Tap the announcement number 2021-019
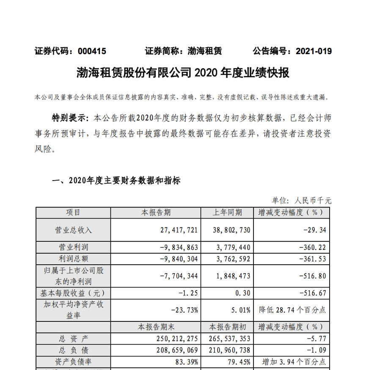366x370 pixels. click(x=313, y=52)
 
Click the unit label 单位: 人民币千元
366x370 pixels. click(x=302, y=200)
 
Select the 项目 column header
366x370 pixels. click(x=73, y=212)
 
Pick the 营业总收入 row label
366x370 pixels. click(x=73, y=230)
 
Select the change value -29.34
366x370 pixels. click(x=314, y=230)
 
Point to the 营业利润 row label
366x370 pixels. click(x=73, y=247)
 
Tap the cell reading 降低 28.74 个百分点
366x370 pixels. click(x=292, y=310)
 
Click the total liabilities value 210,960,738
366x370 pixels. click(x=230, y=351)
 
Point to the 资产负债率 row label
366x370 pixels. click(x=73, y=362)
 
